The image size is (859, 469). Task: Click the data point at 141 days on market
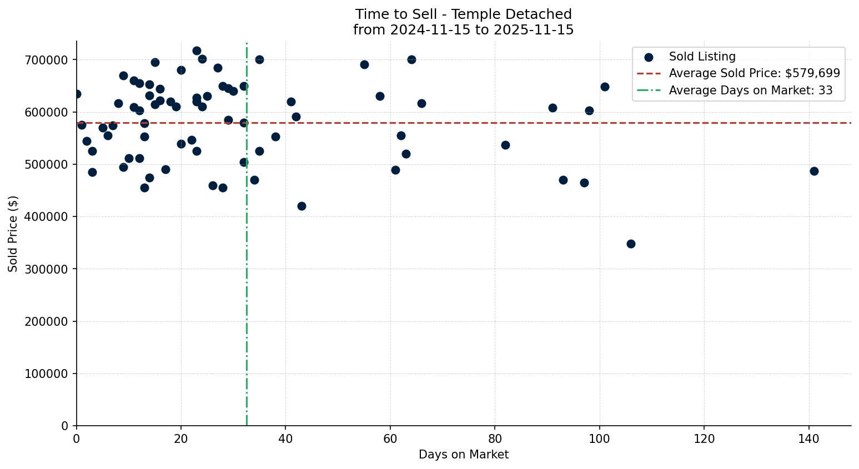[814, 171]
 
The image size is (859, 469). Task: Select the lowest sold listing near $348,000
[631, 244]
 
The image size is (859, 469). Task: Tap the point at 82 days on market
[505, 145]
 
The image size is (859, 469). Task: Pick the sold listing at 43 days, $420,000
[302, 206]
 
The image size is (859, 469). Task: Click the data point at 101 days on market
[605, 87]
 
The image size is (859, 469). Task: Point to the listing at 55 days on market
[364, 64]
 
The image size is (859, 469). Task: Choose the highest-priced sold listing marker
[197, 51]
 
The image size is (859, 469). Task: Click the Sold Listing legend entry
[702, 57]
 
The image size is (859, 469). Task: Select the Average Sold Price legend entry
[754, 73]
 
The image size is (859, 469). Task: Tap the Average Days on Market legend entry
[750, 90]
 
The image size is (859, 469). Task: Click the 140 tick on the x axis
[809, 438]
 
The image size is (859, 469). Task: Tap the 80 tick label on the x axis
[495, 438]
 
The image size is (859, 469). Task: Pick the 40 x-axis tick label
[285, 438]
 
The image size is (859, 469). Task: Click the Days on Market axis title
[464, 455]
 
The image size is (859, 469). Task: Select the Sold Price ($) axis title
[13, 234]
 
